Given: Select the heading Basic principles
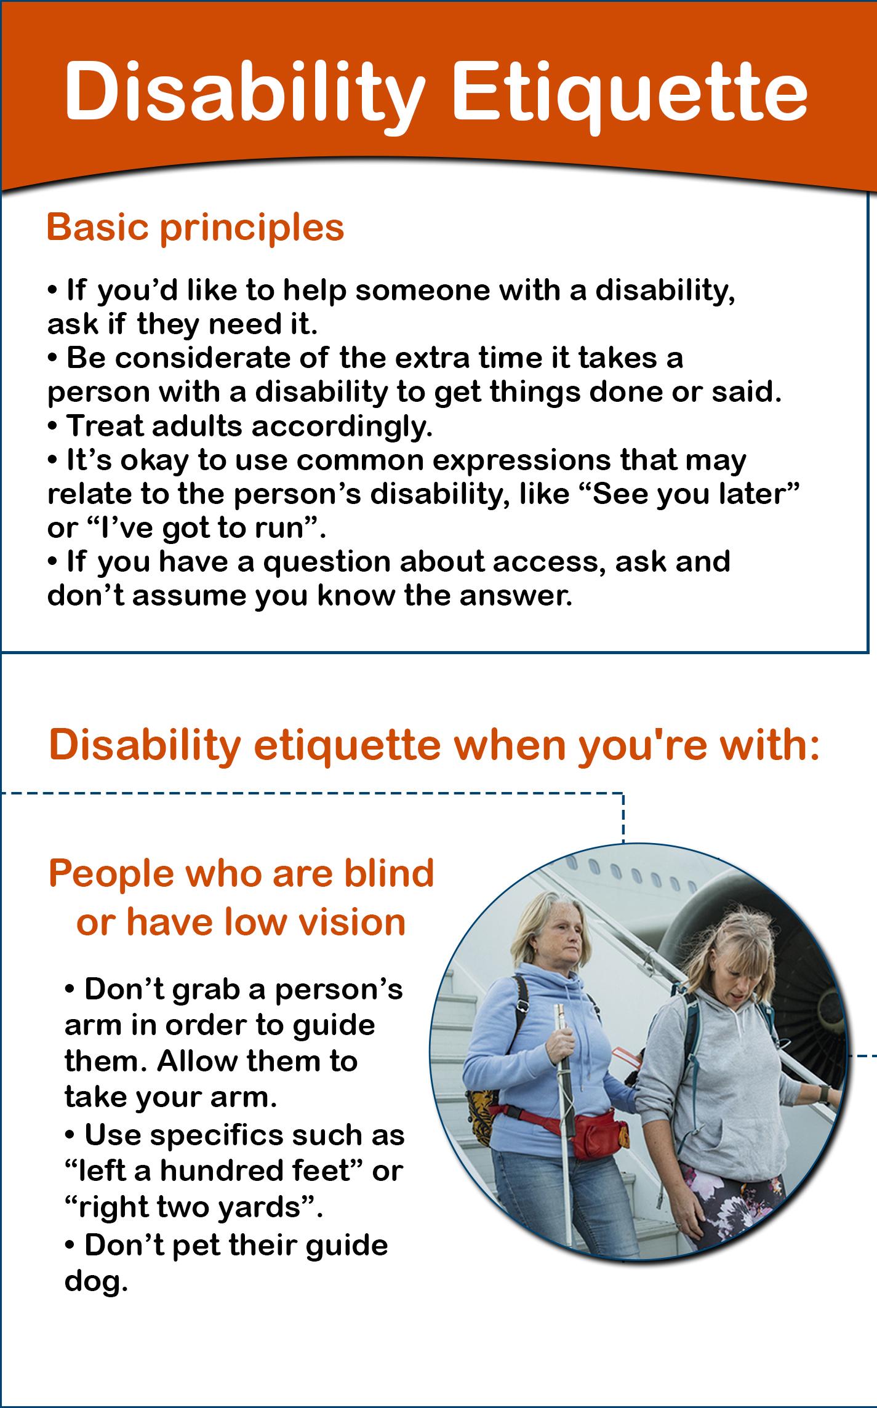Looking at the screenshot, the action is tap(195, 228).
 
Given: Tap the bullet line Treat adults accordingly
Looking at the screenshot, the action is tap(240, 426).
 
